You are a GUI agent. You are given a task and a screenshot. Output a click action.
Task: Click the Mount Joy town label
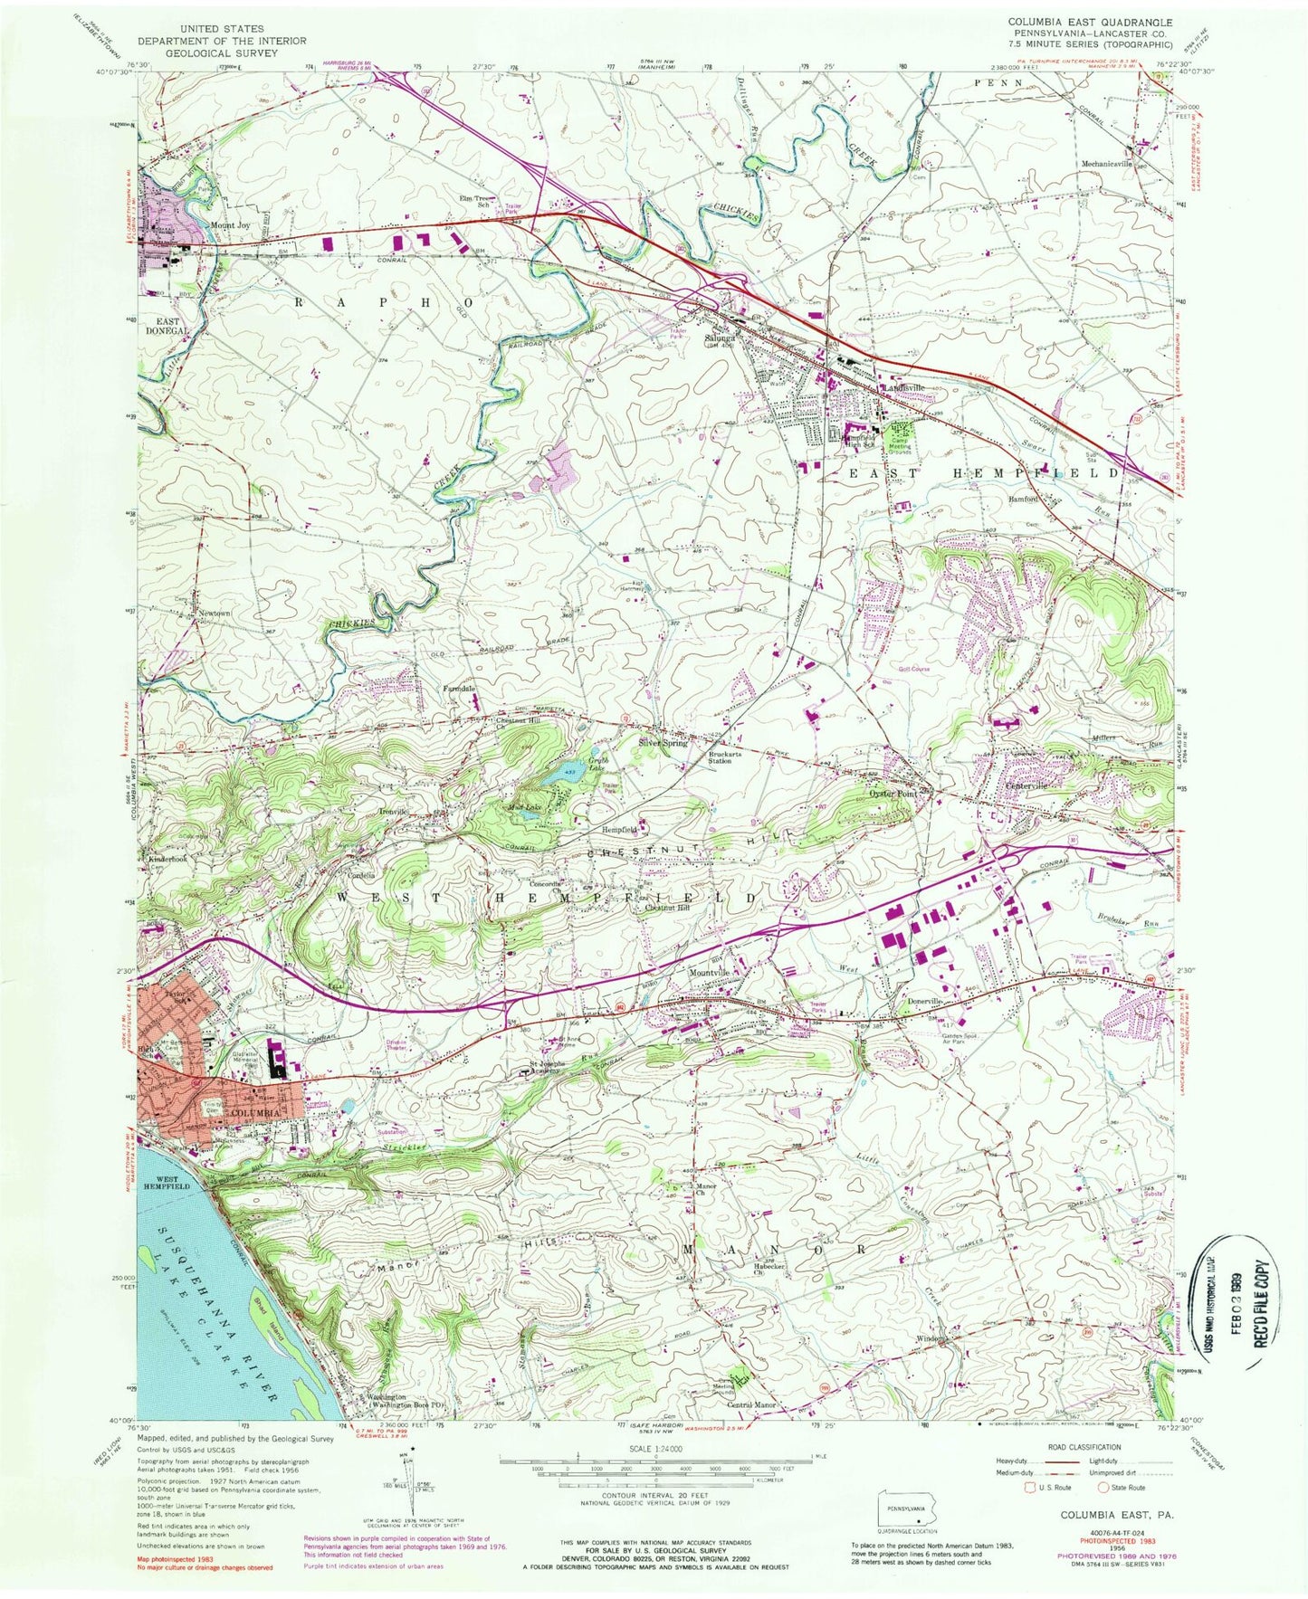coord(230,225)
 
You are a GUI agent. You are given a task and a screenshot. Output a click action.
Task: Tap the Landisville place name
coord(905,387)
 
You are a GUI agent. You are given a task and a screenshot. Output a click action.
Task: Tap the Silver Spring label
coord(664,743)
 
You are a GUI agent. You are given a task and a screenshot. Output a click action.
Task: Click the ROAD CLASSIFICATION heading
coord(1086,1447)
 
